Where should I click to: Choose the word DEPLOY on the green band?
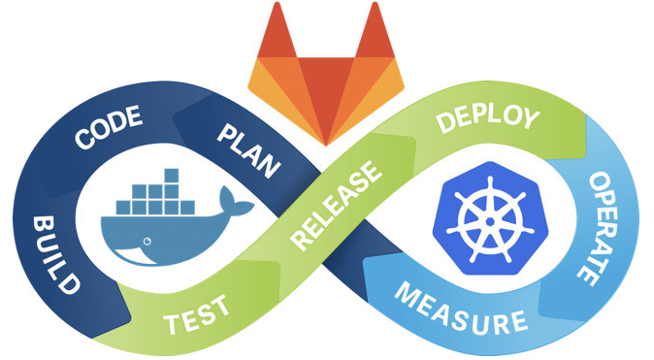point(487,119)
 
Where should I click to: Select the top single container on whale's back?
point(171,176)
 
